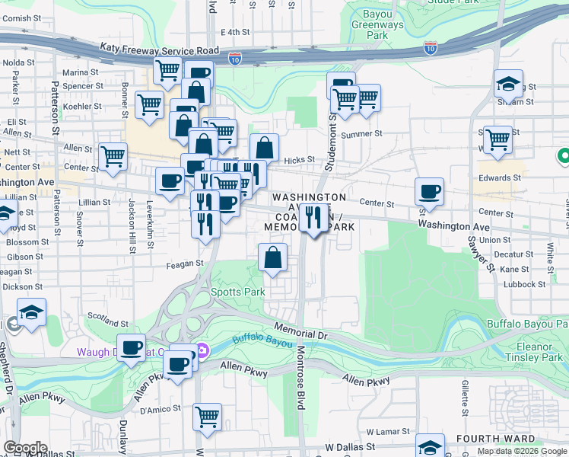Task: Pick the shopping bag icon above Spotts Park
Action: tap(272, 257)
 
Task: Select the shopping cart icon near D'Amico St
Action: tap(206, 417)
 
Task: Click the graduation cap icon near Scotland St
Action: tap(31, 312)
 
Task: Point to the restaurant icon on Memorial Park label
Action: tap(313, 218)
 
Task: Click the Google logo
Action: tap(25, 448)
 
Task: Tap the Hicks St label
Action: tap(298, 161)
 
